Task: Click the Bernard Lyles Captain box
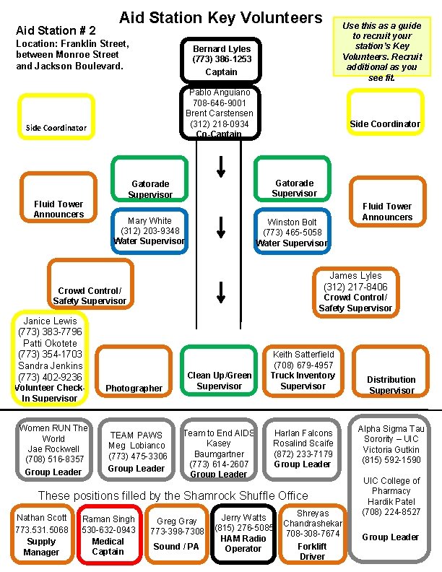222,60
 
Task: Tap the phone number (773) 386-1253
222,60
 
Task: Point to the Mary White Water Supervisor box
149,230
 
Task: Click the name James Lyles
355,276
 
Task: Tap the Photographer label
134,388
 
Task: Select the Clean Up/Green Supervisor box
220,381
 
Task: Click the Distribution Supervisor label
391,385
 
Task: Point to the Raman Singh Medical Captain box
108,535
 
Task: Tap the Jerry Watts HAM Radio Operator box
243,534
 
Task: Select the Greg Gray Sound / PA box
177,534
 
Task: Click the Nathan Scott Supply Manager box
41,534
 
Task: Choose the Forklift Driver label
313,551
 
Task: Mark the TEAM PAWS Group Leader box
137,451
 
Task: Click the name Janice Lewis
51,321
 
